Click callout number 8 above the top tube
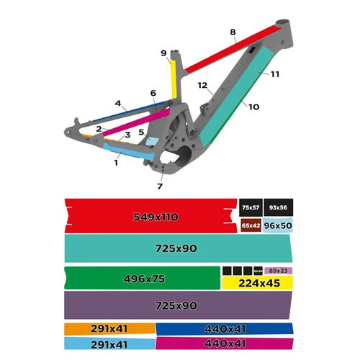click(x=233, y=32)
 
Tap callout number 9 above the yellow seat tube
click(x=163, y=53)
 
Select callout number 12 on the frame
click(x=203, y=85)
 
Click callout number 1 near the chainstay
click(x=116, y=163)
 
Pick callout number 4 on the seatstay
click(x=117, y=103)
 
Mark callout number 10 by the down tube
click(x=253, y=107)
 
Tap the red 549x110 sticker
click(x=151, y=217)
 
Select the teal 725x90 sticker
click(x=176, y=248)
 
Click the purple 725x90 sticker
click(x=176, y=305)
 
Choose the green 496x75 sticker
click(x=140, y=277)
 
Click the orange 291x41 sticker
click(x=109, y=328)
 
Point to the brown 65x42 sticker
click(x=251, y=225)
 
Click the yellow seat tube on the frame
click(x=173, y=79)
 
